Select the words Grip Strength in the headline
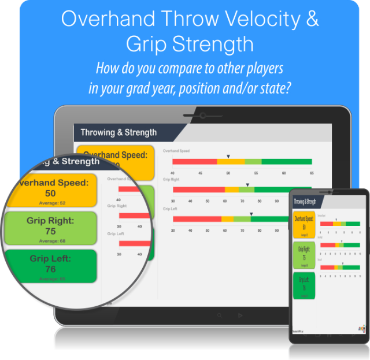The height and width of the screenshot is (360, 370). tap(190, 44)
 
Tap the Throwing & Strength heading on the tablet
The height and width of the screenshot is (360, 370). tap(119, 132)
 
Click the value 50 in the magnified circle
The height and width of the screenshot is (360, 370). tap(51, 194)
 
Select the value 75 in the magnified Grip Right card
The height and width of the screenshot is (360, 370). tap(50, 231)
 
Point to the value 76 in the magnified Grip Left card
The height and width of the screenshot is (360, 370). tap(50, 269)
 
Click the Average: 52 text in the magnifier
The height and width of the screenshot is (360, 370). tap(51, 203)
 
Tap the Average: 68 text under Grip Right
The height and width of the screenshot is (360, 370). tap(50, 240)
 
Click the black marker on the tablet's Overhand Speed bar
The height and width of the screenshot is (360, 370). tap(228, 157)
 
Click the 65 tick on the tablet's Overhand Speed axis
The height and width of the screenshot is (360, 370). tap(312, 173)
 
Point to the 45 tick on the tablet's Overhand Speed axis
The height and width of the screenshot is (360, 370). tap(201, 173)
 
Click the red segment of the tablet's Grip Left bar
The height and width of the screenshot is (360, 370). tap(197, 219)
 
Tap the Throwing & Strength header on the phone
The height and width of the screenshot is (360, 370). tap(305, 202)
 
